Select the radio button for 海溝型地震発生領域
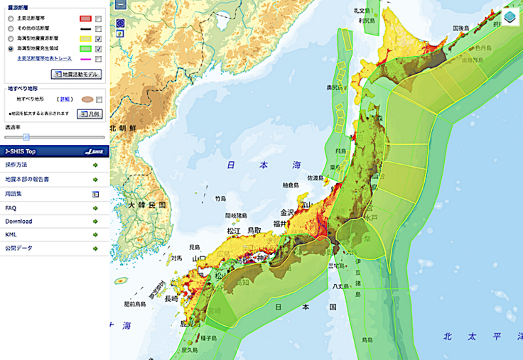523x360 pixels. (10, 49)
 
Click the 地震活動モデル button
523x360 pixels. (76, 74)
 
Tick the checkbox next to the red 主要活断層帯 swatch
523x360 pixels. (99, 18)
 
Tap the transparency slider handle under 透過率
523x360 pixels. (26, 137)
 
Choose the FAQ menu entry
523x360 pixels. (11, 207)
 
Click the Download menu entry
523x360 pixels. (18, 221)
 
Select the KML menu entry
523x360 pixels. (11, 234)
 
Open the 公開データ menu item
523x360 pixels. (18, 248)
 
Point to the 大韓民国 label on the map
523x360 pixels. (147, 204)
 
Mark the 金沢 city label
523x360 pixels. (286, 212)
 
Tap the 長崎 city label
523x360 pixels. (171, 300)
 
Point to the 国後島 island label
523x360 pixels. (463, 28)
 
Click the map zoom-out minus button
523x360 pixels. (121, 4)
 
